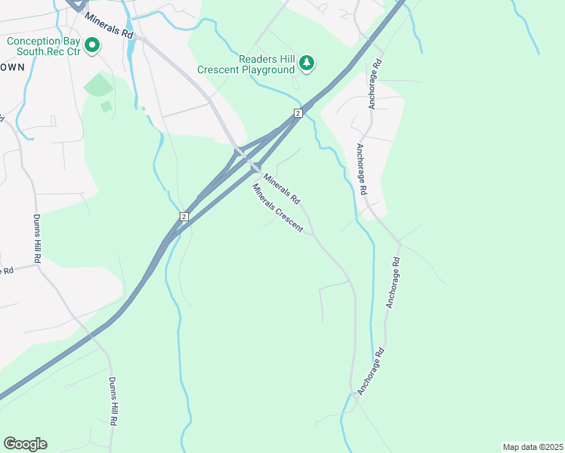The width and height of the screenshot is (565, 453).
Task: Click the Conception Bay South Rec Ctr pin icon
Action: [92, 46]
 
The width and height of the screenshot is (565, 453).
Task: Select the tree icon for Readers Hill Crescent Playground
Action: [306, 63]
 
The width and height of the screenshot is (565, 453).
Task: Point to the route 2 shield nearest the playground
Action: [298, 113]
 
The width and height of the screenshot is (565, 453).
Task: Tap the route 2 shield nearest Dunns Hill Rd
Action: [184, 217]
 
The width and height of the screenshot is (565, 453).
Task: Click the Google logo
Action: [25, 444]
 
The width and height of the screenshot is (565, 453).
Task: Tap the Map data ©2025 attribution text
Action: [533, 447]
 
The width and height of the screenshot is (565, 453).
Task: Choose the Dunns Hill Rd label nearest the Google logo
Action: [113, 404]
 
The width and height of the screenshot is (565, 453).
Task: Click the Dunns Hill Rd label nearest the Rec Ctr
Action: [37, 239]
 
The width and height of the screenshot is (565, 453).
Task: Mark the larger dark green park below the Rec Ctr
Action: [97, 85]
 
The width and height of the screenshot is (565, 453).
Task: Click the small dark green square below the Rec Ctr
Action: [107, 106]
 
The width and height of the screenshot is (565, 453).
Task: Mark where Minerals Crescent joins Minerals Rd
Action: [313, 234]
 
